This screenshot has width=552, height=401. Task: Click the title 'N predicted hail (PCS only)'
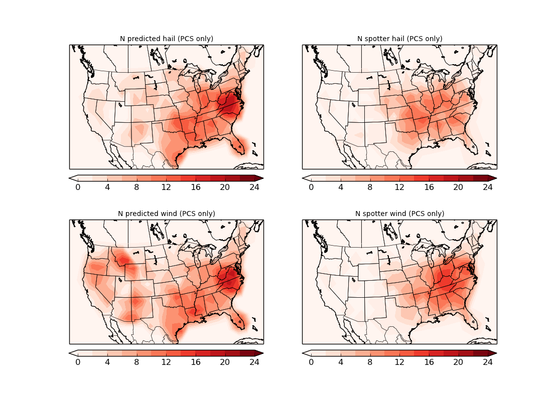click(166, 39)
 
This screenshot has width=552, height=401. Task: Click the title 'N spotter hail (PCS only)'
click(399, 39)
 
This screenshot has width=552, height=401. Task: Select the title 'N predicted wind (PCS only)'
click(166, 214)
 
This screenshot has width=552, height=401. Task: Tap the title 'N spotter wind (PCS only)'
click(399, 214)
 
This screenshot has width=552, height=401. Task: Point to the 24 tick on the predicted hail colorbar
click(254, 187)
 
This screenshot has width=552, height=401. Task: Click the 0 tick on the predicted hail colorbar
click(78, 187)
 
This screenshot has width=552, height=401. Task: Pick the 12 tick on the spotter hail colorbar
click(399, 187)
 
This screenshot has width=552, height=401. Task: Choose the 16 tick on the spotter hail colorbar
click(429, 187)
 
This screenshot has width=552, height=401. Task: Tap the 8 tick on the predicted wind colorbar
click(136, 362)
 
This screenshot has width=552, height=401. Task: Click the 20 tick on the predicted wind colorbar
click(225, 362)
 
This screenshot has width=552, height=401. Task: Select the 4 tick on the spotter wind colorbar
click(341, 362)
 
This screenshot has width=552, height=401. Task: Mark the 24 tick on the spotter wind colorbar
click(488, 362)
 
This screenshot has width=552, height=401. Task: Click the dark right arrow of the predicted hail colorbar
click(259, 178)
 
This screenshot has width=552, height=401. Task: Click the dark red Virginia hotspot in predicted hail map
click(231, 106)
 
